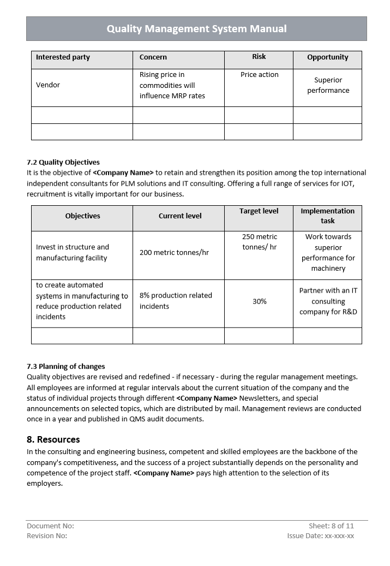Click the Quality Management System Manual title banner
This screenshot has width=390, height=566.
pos(196,29)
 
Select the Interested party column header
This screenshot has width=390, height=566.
pos(63,57)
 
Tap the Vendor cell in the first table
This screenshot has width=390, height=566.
pos(48,85)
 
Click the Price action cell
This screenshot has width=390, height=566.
pos(259,75)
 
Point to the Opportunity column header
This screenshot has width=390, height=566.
pos(327,57)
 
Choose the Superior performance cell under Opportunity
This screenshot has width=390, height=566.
pos(328,85)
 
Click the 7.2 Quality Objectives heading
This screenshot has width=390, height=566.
pos(63,162)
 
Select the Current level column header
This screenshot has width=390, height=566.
pos(180,216)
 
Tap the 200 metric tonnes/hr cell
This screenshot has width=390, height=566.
pos(174,253)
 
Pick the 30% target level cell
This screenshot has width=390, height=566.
pos(260,301)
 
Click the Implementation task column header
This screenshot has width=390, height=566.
pos(327,216)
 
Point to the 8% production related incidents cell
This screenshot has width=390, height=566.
pos(176,301)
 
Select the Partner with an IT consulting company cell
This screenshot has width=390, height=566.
pos(328,301)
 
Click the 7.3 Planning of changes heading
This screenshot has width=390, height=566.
pos(65,366)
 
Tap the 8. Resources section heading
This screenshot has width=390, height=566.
pos(53,439)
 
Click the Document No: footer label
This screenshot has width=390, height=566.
pos(50,526)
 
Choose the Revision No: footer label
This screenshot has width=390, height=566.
pos(47,536)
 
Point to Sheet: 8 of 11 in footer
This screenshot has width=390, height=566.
pos(331,526)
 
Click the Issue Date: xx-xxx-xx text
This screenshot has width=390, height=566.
pos(321,536)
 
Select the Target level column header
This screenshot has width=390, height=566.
pos(259,211)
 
